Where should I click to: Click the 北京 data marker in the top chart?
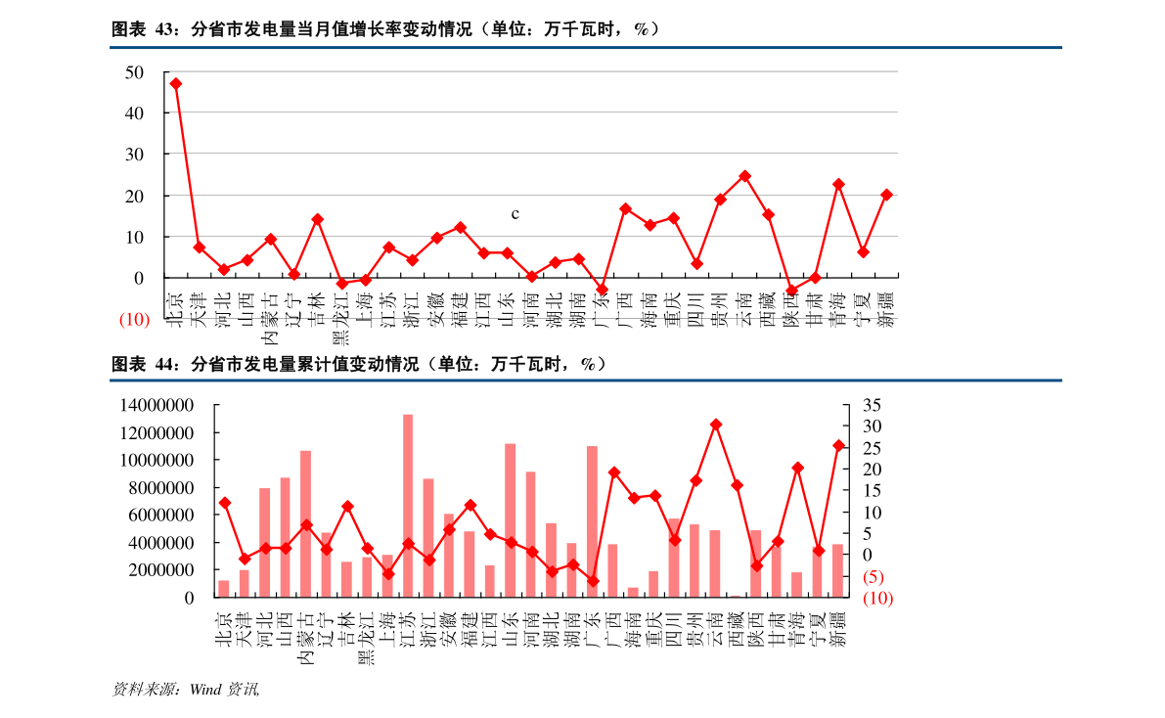tap(176, 84)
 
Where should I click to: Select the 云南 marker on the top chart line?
tap(744, 176)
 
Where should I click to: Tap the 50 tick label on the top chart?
tap(135, 72)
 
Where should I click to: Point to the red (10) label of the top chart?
tap(134, 320)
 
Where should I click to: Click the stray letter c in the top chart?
tap(515, 213)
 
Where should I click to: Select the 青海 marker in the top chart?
tap(838, 184)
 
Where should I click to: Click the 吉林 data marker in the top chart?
tap(317, 219)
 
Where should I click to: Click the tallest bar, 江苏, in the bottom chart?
tap(408, 506)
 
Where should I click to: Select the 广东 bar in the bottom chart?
tap(592, 521)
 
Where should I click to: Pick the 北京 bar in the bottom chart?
tap(224, 588)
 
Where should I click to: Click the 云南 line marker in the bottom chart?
tap(716, 425)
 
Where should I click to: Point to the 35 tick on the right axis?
tap(873, 405)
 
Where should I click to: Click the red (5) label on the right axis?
tap(874, 577)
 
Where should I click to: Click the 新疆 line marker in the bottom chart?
tap(838, 446)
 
